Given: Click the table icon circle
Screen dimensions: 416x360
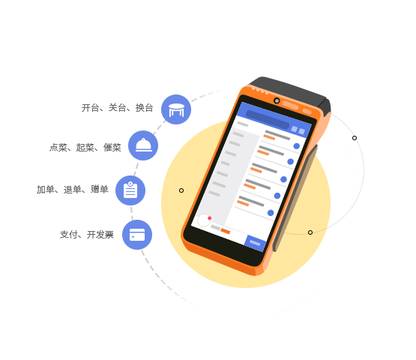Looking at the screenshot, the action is tap(176, 109).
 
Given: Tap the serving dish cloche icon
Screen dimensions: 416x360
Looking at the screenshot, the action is tap(143, 145).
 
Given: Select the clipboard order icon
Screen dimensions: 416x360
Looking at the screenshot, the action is tap(130, 190).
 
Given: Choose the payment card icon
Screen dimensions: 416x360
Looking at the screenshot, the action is tap(137, 235).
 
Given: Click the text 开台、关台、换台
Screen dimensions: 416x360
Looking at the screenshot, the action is tap(117, 108).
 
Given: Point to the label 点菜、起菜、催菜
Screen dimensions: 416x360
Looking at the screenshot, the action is tap(85, 147).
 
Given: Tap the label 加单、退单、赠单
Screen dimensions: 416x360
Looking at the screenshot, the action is tap(73, 189).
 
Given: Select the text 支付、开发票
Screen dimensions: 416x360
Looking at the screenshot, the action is tap(87, 235).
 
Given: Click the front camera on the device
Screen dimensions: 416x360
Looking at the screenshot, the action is tap(277, 100).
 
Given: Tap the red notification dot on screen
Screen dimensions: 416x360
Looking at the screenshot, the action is tap(210, 218).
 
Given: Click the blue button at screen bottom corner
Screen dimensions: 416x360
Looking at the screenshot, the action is tap(255, 243).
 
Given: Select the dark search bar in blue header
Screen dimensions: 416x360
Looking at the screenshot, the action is tap(268, 120).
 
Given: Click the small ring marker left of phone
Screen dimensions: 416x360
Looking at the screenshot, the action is tap(181, 190).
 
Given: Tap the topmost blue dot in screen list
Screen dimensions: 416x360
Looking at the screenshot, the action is tap(297, 146).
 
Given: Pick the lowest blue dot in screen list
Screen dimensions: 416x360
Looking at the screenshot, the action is tap(271, 213).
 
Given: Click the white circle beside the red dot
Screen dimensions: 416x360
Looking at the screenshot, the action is tap(204, 220).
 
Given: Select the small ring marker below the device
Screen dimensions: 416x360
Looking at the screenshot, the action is tap(310, 232).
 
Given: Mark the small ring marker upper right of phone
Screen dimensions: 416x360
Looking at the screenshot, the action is tap(355, 138).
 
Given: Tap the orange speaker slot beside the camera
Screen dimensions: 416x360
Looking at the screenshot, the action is tap(291, 105).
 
